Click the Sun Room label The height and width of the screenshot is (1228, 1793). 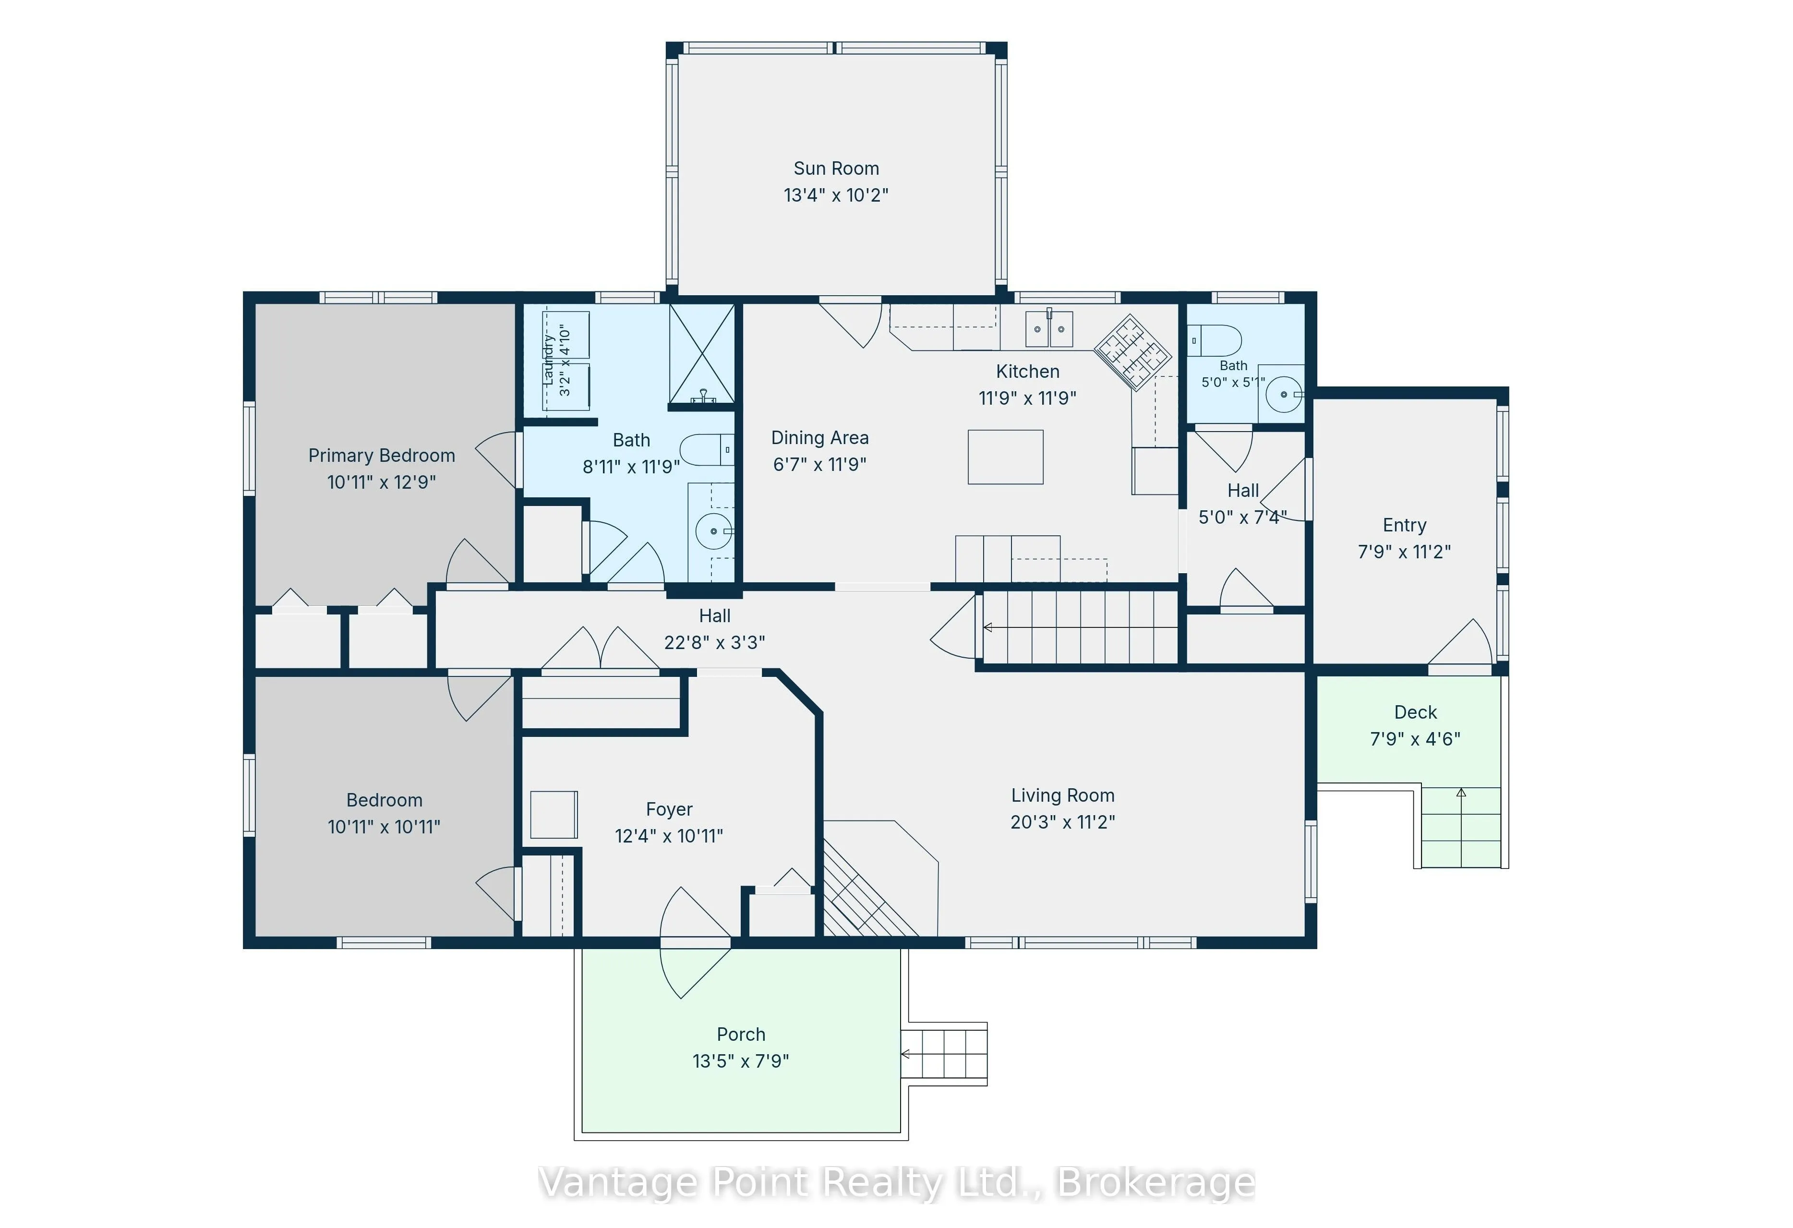click(x=836, y=168)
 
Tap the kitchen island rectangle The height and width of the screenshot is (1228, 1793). click(x=1005, y=457)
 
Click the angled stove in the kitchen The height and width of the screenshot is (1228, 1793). click(x=1132, y=352)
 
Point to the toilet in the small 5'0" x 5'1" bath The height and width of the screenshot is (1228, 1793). click(x=1214, y=340)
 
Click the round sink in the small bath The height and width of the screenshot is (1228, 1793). click(x=1284, y=394)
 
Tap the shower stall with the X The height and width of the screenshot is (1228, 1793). click(x=701, y=353)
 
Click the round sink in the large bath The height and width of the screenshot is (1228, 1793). click(x=714, y=530)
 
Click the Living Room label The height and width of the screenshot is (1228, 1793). click(x=1062, y=795)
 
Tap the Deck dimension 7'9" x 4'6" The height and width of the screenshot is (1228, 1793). click(x=1415, y=739)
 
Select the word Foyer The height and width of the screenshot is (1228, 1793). click(x=669, y=809)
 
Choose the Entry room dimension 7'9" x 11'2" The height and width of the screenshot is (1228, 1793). click(x=1404, y=552)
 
